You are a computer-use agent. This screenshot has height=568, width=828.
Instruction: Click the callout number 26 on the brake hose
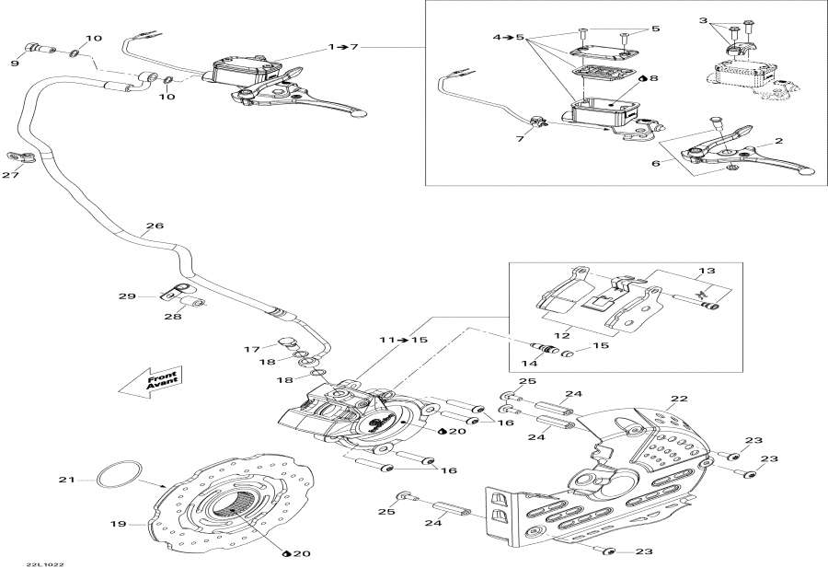tap(155, 226)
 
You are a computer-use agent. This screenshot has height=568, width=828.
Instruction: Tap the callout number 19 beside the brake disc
tap(117, 525)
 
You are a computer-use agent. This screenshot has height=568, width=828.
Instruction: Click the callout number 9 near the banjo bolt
tap(16, 64)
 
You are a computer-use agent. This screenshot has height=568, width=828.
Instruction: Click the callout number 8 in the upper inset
tap(653, 79)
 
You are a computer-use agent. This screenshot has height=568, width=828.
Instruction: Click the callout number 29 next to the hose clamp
tap(126, 296)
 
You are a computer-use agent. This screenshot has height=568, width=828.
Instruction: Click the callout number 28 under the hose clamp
tap(173, 316)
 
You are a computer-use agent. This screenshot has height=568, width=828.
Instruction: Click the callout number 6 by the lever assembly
tap(655, 163)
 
